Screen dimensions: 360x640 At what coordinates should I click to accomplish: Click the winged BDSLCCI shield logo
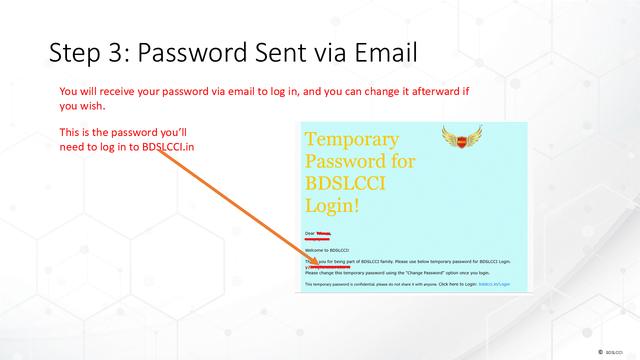tap(461, 136)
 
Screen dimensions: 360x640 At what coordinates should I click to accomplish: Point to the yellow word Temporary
tap(351, 139)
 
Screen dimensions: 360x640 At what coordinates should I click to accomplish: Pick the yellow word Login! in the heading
tap(332, 205)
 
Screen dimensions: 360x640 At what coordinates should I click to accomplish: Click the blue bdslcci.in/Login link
tap(494, 284)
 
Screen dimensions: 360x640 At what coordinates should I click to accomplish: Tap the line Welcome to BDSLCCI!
tap(327, 250)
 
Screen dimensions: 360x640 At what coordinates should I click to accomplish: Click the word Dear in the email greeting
tap(310, 233)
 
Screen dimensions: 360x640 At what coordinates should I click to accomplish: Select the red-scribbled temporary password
tap(327, 267)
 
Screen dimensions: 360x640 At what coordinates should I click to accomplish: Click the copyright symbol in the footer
tap(600, 352)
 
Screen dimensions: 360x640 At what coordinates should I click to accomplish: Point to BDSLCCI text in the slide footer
tap(614, 352)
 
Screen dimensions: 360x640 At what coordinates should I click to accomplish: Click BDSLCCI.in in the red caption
tap(175, 147)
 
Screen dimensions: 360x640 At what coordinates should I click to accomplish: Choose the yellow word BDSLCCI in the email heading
tap(345, 183)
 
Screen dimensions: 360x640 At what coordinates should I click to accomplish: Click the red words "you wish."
tap(82, 106)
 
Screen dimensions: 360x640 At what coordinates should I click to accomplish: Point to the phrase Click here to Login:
tap(457, 284)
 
